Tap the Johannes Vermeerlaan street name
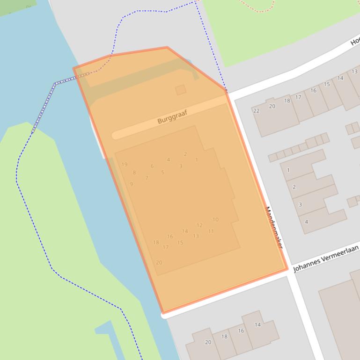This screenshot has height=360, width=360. tap(326, 258)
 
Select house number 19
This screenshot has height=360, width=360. tap(124, 164)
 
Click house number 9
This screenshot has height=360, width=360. tap(131, 184)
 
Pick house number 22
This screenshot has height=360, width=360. tap(256, 111)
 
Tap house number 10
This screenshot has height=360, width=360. tap(215, 219)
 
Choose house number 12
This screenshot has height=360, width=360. tap(199, 225)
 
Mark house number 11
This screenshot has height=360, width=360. tap(211, 231)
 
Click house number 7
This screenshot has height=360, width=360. tap(147, 178)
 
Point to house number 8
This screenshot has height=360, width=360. tap(134, 173)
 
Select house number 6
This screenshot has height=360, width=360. tap(152, 166)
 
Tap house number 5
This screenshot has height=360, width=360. tap(162, 173)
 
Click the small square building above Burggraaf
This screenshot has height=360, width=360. tap(181, 90)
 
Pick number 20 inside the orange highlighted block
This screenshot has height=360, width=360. tap(159, 262)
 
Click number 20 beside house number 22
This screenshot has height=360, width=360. tap(272, 106)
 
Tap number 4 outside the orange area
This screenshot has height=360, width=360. tap(307, 222)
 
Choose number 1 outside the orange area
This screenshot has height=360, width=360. tap(288, 170)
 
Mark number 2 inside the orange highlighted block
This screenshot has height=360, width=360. tap(185, 154)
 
